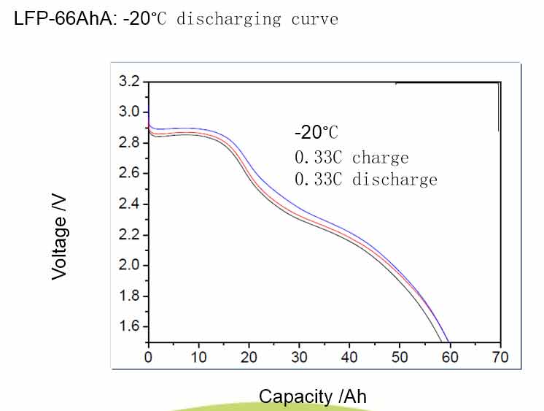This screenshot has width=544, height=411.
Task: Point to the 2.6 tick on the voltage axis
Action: (128, 173)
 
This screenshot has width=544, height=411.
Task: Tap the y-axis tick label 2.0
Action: (128, 265)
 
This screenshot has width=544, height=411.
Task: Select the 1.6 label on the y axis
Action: (128, 326)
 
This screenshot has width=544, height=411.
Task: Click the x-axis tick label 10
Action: (198, 357)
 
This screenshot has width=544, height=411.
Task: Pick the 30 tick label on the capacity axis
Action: (299, 357)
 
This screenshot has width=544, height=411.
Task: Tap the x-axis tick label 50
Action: (400, 357)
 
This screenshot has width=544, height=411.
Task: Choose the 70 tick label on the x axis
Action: (500, 357)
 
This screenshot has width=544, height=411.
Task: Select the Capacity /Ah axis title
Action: (313, 396)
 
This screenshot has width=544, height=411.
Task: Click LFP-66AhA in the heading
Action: (63, 18)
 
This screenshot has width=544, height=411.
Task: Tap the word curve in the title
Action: (314, 19)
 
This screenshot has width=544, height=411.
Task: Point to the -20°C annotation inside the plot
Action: (316, 133)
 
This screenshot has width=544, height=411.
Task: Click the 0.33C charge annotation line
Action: (351, 158)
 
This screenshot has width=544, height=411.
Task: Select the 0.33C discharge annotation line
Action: (366, 179)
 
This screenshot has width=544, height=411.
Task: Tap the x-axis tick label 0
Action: (148, 357)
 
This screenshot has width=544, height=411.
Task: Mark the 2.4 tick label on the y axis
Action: (128, 204)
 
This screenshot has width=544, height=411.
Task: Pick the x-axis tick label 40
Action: (349, 357)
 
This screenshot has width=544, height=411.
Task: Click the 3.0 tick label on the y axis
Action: (128, 112)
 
